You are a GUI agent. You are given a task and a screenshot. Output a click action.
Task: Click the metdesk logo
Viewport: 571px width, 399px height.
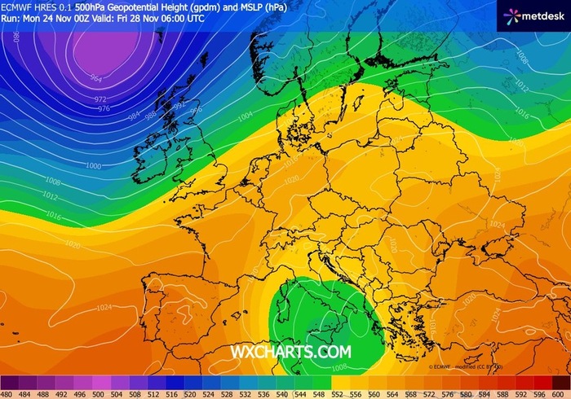tap(534, 15)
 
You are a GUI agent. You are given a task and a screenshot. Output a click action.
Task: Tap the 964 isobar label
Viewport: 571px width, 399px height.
tap(96, 79)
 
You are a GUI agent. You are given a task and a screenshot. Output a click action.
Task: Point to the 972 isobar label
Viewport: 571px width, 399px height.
tap(101, 99)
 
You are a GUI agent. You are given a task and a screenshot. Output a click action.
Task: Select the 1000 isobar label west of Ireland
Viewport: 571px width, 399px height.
tap(93, 166)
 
